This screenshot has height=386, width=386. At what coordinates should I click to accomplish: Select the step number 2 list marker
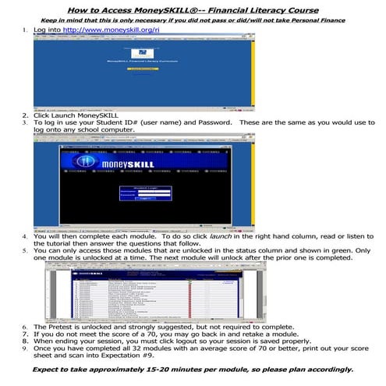[26, 115]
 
